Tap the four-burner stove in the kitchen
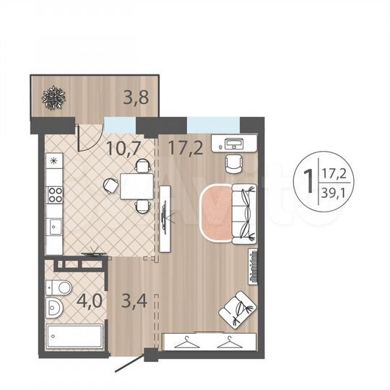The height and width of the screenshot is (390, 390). (x=54, y=195)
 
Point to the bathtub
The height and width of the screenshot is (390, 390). (x=76, y=337)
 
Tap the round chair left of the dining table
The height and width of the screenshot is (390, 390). (x=110, y=186)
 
